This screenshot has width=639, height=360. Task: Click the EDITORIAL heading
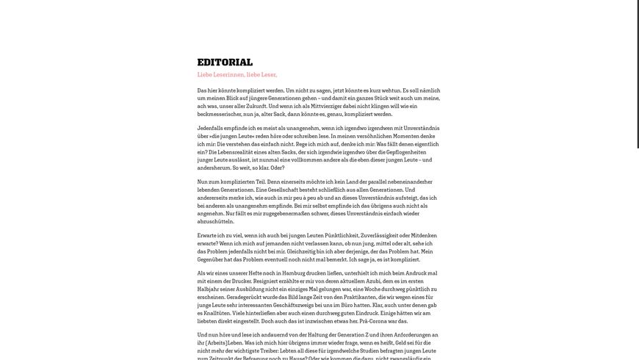pyautogui.click(x=225, y=62)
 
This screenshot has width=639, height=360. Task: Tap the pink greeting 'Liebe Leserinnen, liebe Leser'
pyautogui.click(x=237, y=75)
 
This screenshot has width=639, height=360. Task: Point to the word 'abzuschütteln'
pyautogui.click(x=215, y=221)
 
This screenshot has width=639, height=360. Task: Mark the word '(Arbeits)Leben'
pyautogui.click(x=221, y=342)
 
